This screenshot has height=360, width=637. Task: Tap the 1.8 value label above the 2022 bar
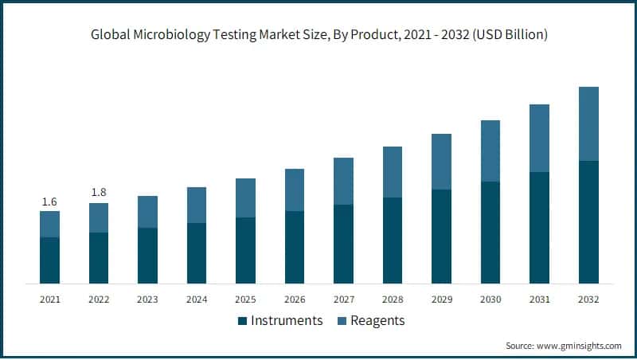coord(99,192)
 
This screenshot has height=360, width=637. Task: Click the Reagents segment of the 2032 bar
coord(588,123)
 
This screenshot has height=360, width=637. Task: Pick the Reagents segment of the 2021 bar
coord(49,224)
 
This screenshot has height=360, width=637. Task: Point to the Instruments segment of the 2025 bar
coord(246,250)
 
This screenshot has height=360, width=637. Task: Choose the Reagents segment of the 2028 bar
coord(393,172)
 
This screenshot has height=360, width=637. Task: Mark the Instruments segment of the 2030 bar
coord(490,232)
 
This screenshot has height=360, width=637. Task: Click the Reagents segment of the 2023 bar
coord(147,212)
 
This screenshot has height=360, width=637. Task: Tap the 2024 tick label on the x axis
coord(197,299)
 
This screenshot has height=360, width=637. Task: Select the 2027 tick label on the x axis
coord(343,299)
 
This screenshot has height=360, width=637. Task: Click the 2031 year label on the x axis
coord(539,299)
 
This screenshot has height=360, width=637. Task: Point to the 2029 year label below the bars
coord(441,299)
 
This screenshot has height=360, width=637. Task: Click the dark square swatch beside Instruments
coord(242,321)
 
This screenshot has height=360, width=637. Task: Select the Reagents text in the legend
coord(379,320)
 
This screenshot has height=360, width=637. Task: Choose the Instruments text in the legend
coord(287,320)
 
